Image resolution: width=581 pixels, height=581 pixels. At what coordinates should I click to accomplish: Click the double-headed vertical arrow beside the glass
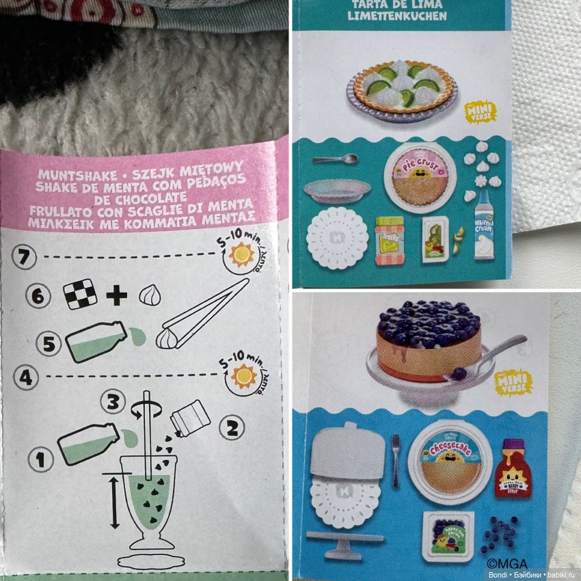[113, 502]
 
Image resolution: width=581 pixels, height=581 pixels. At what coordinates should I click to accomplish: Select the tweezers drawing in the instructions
[205, 314]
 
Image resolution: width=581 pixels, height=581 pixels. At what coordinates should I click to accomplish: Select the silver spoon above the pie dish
[335, 160]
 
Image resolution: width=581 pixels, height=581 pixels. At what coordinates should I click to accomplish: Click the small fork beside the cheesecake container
[394, 461]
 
